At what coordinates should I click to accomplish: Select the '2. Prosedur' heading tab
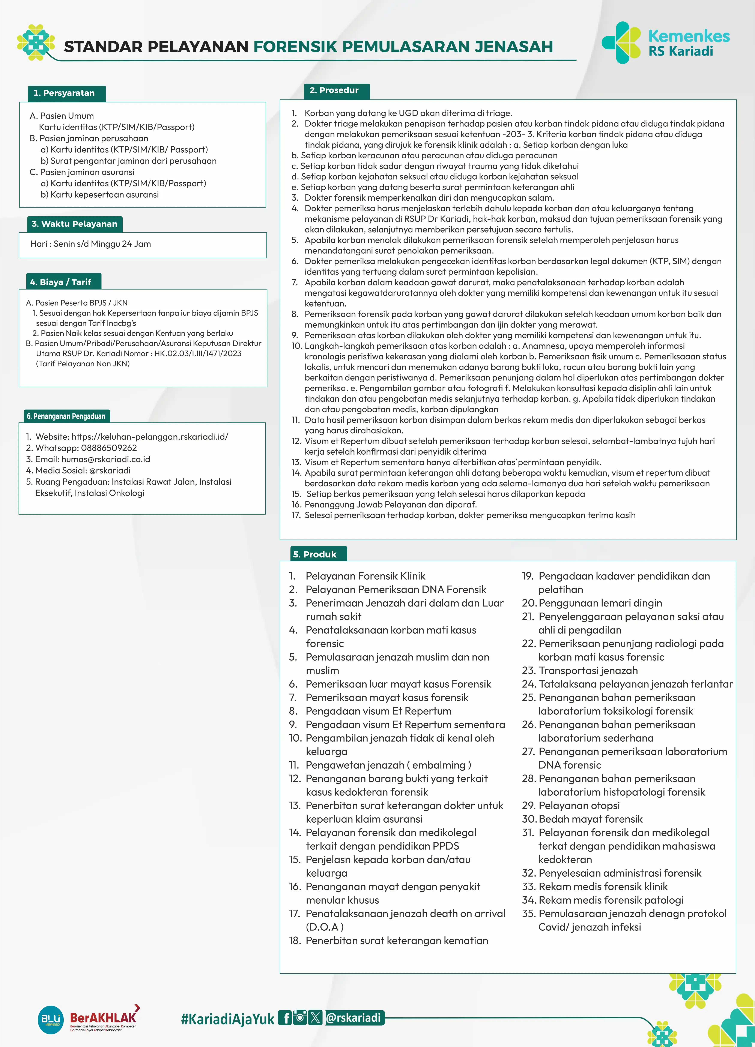tap(334, 90)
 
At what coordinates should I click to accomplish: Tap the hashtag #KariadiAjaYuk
tap(228, 1019)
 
